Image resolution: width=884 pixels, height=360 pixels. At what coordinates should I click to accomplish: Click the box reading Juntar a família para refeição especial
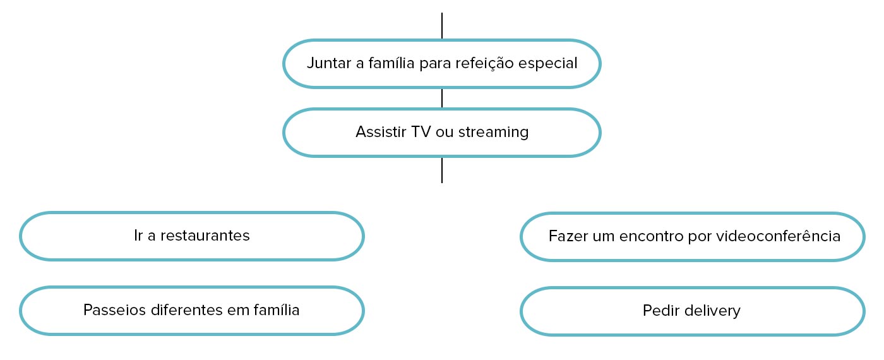(441, 64)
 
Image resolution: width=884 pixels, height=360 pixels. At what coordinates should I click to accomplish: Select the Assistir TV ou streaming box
(441, 133)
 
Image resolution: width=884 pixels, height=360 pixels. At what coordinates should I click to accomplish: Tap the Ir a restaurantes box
(192, 236)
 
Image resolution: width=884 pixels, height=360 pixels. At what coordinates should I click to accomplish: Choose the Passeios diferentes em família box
(192, 311)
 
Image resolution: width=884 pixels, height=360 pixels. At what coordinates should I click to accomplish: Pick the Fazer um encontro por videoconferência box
(692, 236)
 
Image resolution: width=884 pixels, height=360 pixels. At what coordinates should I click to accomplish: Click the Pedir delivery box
(692, 311)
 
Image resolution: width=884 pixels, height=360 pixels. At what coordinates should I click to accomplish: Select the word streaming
(493, 133)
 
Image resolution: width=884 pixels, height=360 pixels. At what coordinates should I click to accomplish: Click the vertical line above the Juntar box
(442, 26)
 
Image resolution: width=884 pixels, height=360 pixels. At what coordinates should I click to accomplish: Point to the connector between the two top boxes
(442, 98)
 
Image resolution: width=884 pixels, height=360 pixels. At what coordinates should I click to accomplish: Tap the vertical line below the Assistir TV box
(442, 170)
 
